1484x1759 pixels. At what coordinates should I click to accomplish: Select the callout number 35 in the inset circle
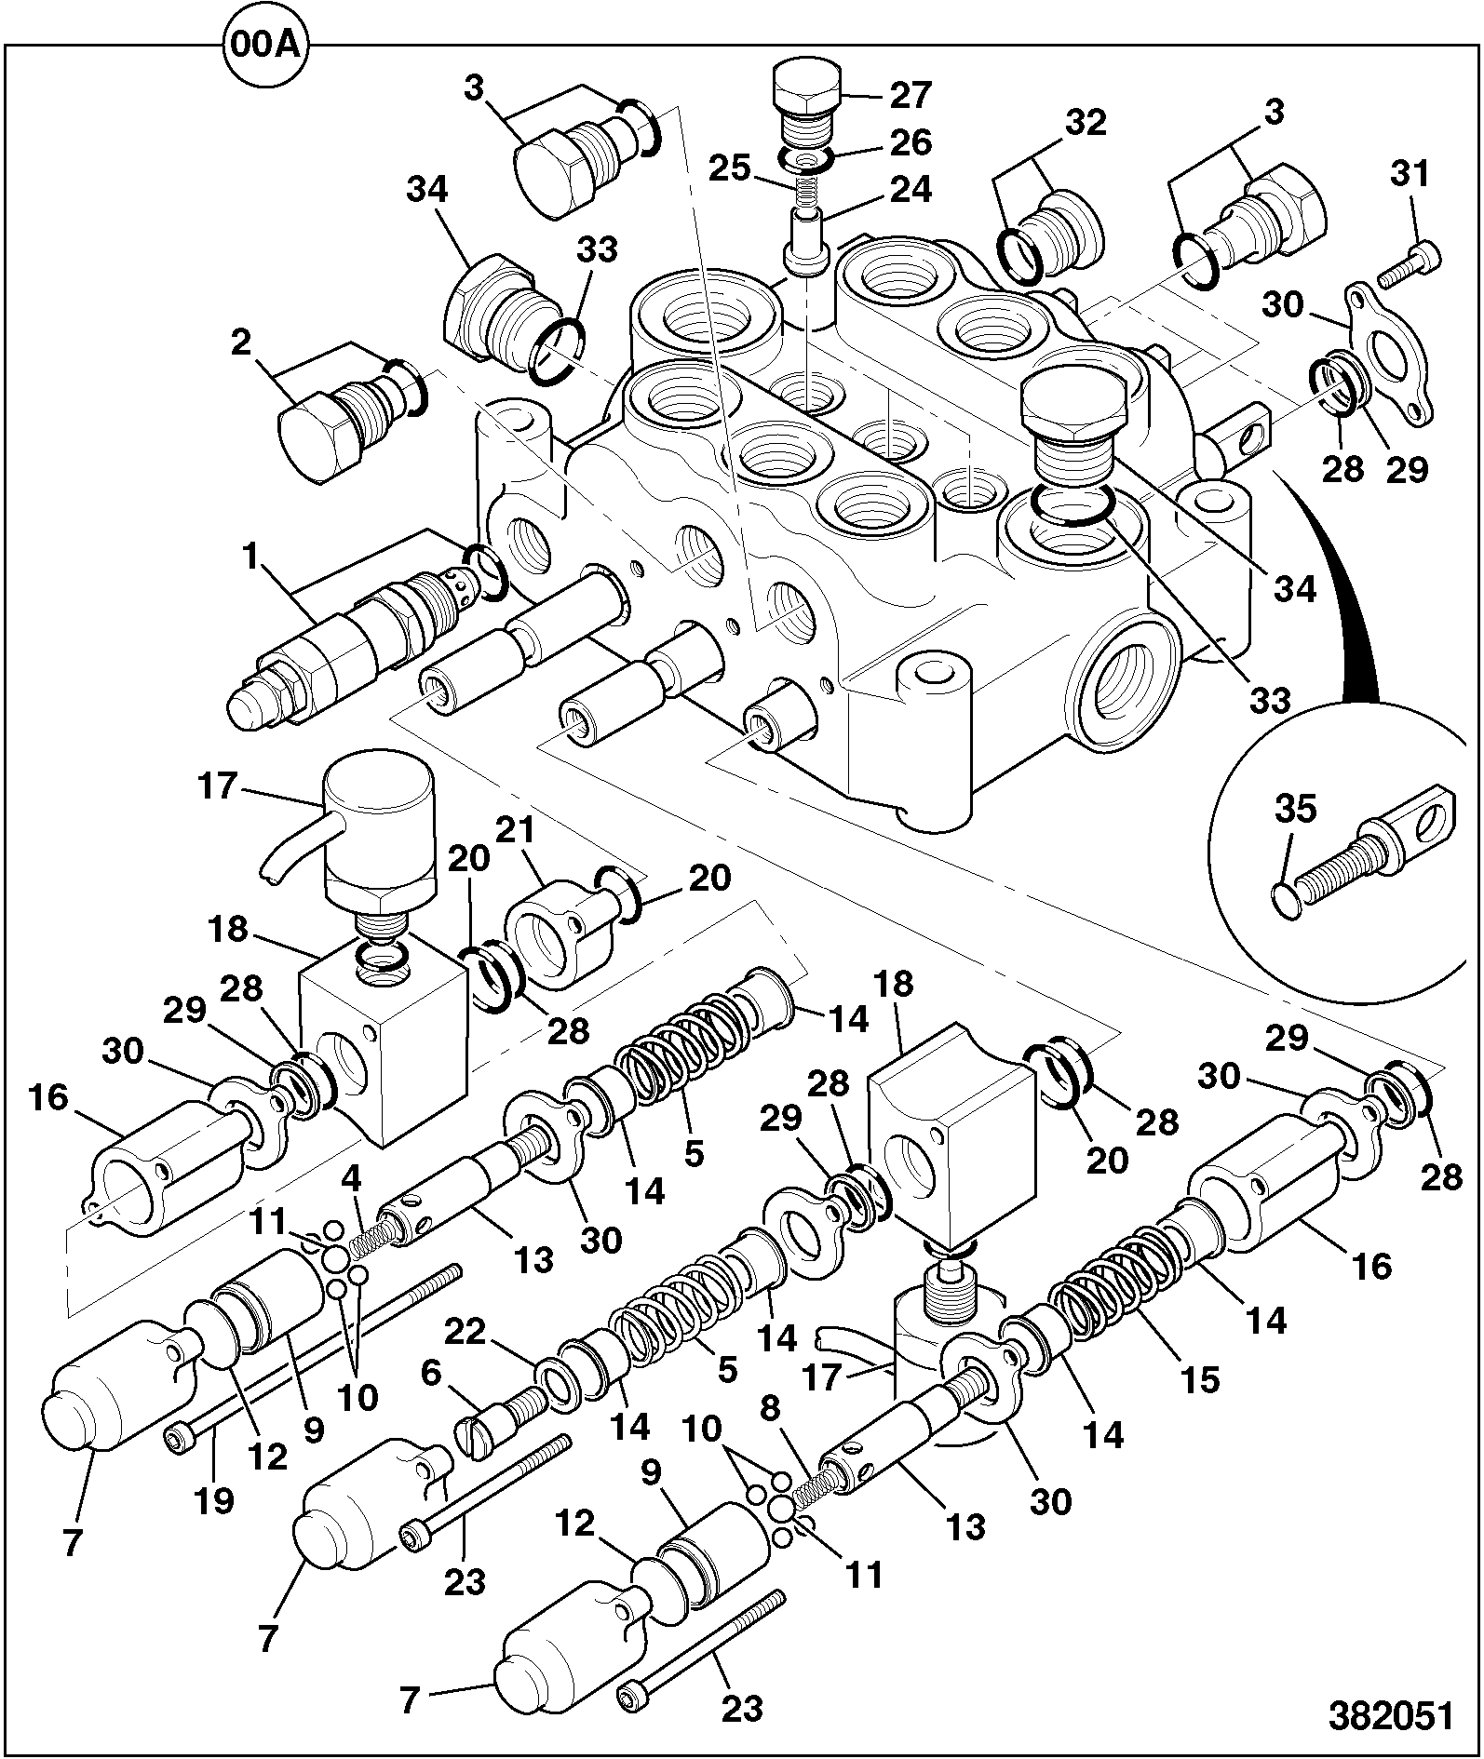point(1294,810)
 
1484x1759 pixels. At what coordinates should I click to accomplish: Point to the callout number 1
point(250,557)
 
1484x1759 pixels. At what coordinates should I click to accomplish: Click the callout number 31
point(1410,174)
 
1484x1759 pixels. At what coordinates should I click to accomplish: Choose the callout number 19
point(213,1500)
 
